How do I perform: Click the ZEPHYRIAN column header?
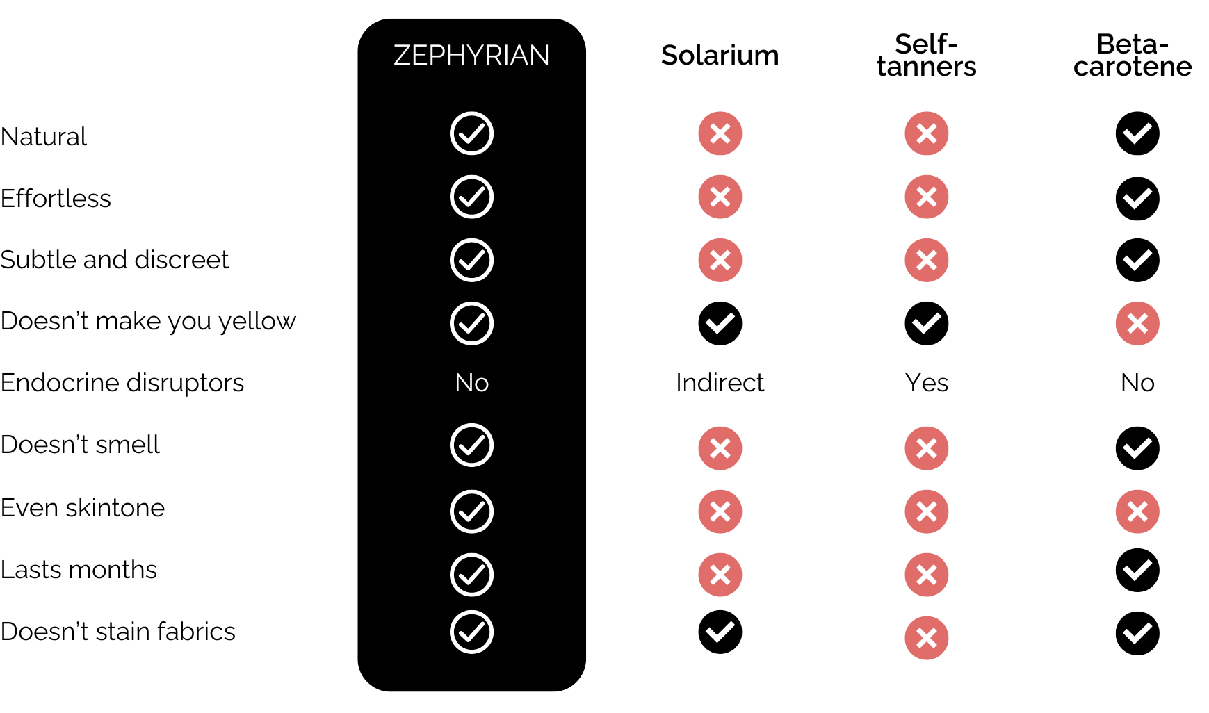click(471, 56)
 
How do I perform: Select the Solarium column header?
click(720, 56)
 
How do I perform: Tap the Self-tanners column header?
click(926, 56)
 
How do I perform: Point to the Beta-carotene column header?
click(1133, 56)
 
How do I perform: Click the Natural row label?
click(44, 137)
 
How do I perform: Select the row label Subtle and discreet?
click(115, 260)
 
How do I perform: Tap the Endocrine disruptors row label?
click(122, 383)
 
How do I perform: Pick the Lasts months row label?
click(79, 570)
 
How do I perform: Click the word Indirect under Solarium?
click(720, 383)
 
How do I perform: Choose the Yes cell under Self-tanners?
click(926, 383)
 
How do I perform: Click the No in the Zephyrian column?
click(471, 383)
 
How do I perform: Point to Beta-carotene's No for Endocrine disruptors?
click(1137, 383)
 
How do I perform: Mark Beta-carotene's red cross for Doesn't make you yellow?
click(1137, 323)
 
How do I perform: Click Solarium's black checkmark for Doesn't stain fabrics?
click(720, 632)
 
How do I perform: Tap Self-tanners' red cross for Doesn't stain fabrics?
click(926, 638)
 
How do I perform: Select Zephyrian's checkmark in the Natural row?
click(471, 133)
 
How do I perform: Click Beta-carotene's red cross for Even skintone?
click(1137, 511)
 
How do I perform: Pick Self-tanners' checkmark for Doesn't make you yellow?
click(926, 323)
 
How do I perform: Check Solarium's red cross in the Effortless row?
click(720, 197)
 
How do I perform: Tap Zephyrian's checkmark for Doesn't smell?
click(471, 445)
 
